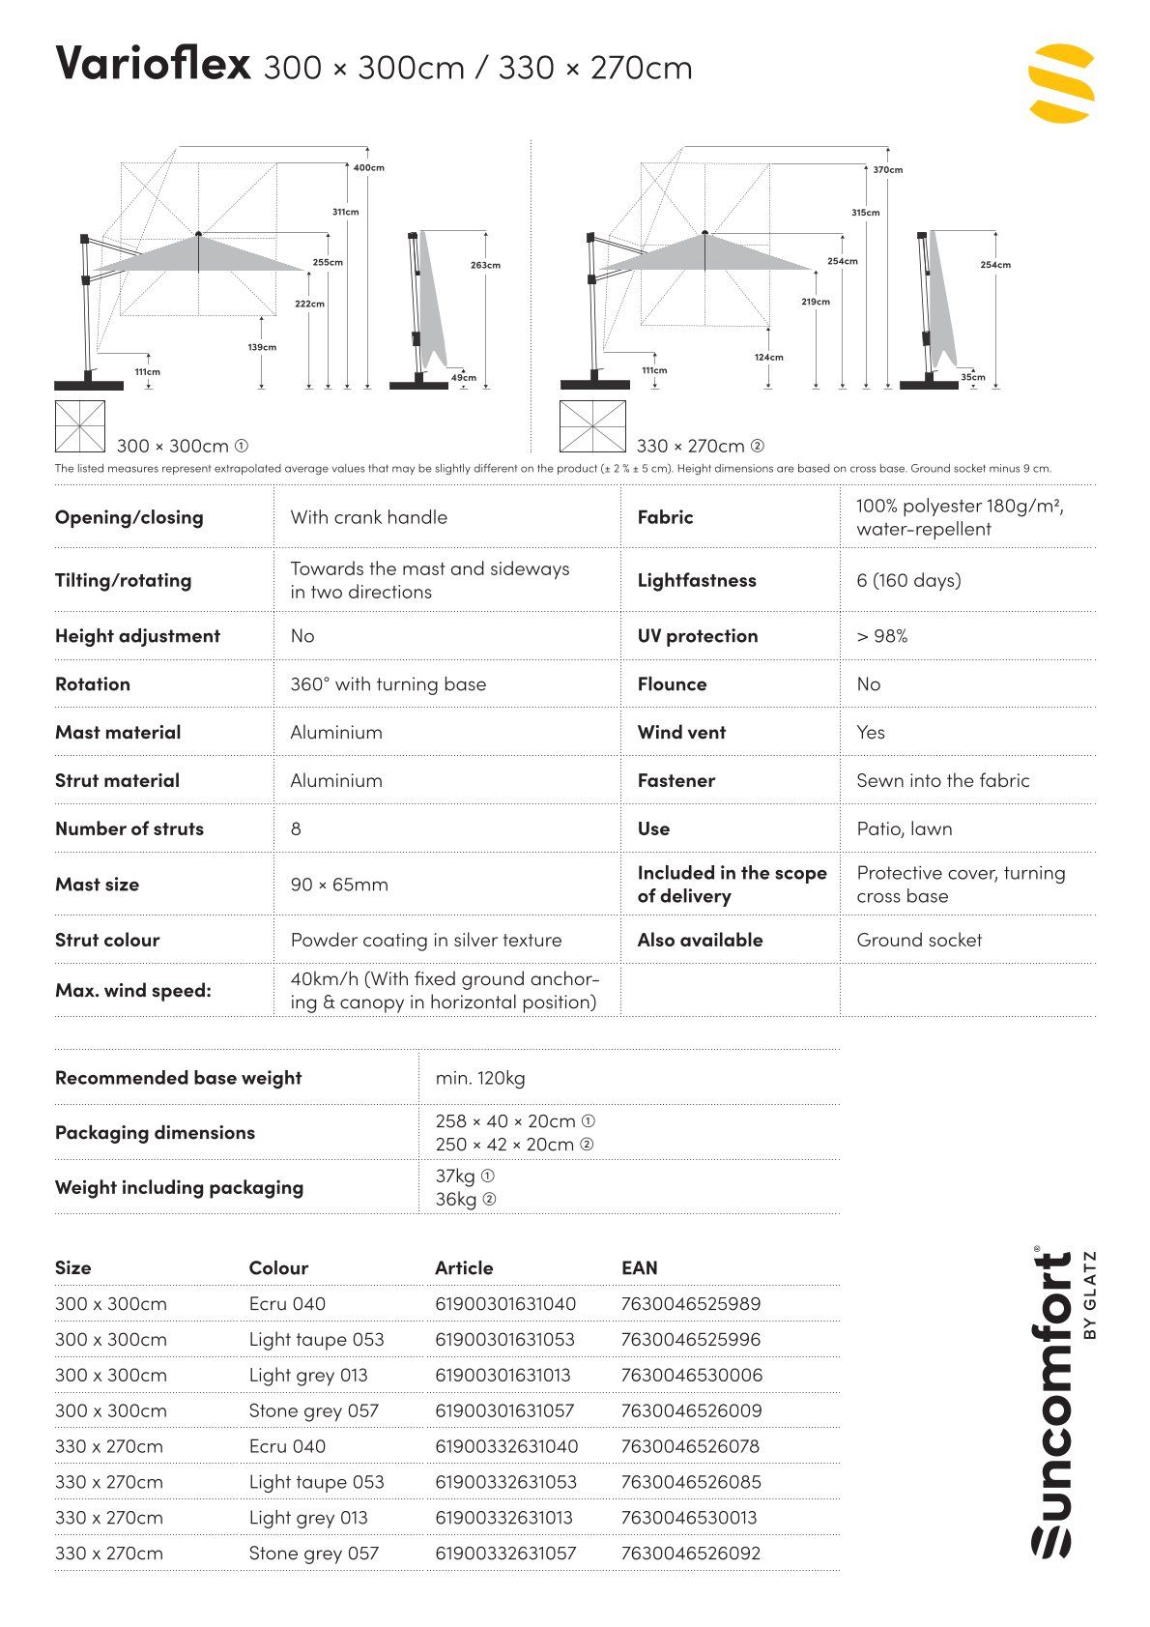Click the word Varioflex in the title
pos(153,64)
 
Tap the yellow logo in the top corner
pos(1061,83)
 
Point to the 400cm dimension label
pos(368,168)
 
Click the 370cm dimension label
pos(887,170)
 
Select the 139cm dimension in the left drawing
pos(262,347)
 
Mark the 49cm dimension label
pos(463,378)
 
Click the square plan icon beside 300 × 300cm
pos(79,426)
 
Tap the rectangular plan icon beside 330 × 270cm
pos(591,426)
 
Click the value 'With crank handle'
pos(368,517)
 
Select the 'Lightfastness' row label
pos(696,580)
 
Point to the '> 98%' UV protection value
pos(881,636)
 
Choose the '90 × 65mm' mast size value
pos(339,885)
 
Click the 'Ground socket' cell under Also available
pos(918,940)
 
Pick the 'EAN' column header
pos(639,1267)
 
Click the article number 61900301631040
pos(505,1303)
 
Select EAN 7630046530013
pos(689,1518)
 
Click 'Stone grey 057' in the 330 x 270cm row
pos(313,1554)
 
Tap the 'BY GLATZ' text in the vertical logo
pos(1091,1295)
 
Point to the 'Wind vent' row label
pos(681,732)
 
